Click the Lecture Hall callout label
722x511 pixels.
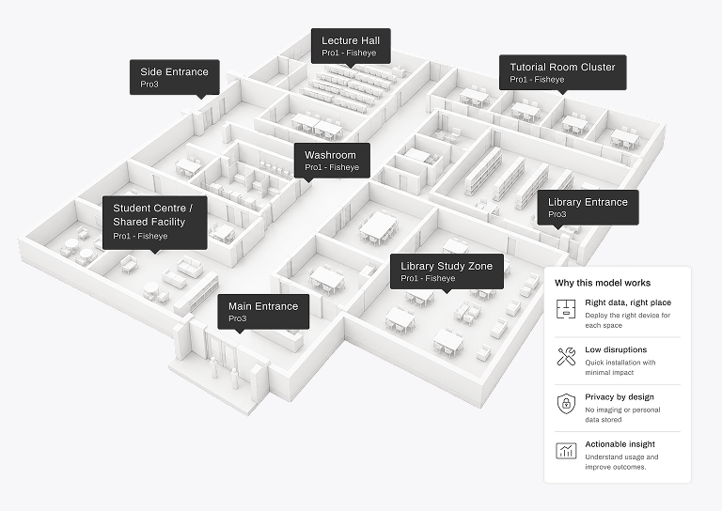[351, 46]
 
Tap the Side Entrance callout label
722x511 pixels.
[175, 77]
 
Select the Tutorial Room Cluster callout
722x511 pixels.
[563, 72]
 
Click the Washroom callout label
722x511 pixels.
[332, 161]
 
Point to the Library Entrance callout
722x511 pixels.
[588, 208]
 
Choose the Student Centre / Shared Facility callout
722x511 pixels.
[155, 223]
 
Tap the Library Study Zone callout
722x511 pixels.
[447, 271]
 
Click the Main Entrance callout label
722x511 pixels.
[263, 311]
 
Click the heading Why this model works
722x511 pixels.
[603, 283]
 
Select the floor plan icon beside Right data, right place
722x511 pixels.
[566, 309]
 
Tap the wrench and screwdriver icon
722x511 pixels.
[566, 356]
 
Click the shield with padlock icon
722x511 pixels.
[566, 404]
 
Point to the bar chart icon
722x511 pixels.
[566, 451]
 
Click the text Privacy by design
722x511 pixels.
[620, 397]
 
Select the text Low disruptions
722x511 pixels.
[616, 349]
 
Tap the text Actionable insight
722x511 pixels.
[620, 444]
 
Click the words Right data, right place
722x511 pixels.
[628, 302]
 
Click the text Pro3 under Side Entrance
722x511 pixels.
[149, 85]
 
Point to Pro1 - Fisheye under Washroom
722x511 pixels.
[332, 167]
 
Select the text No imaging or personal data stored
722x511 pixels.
[622, 414]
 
